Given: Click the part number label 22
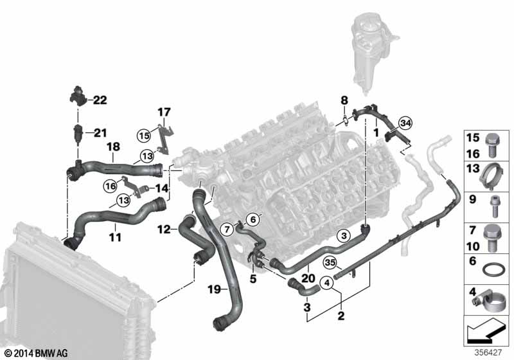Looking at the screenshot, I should (x=100, y=100).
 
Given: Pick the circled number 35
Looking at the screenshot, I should (x=330, y=262).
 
